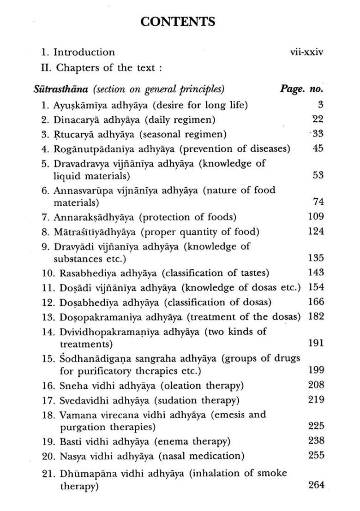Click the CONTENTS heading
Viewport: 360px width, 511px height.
click(178, 22)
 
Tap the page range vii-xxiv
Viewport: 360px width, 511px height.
click(304, 52)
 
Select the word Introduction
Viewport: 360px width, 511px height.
click(84, 52)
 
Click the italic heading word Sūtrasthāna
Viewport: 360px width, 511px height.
click(51, 89)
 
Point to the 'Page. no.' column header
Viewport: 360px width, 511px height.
click(301, 89)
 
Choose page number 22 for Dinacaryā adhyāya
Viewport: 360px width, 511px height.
click(318, 119)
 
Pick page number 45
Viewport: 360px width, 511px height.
click(318, 149)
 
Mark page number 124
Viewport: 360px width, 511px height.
click(316, 231)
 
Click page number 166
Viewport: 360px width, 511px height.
click(316, 302)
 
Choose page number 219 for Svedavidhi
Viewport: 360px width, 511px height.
click(316, 399)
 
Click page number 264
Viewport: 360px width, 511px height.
click(316, 485)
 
